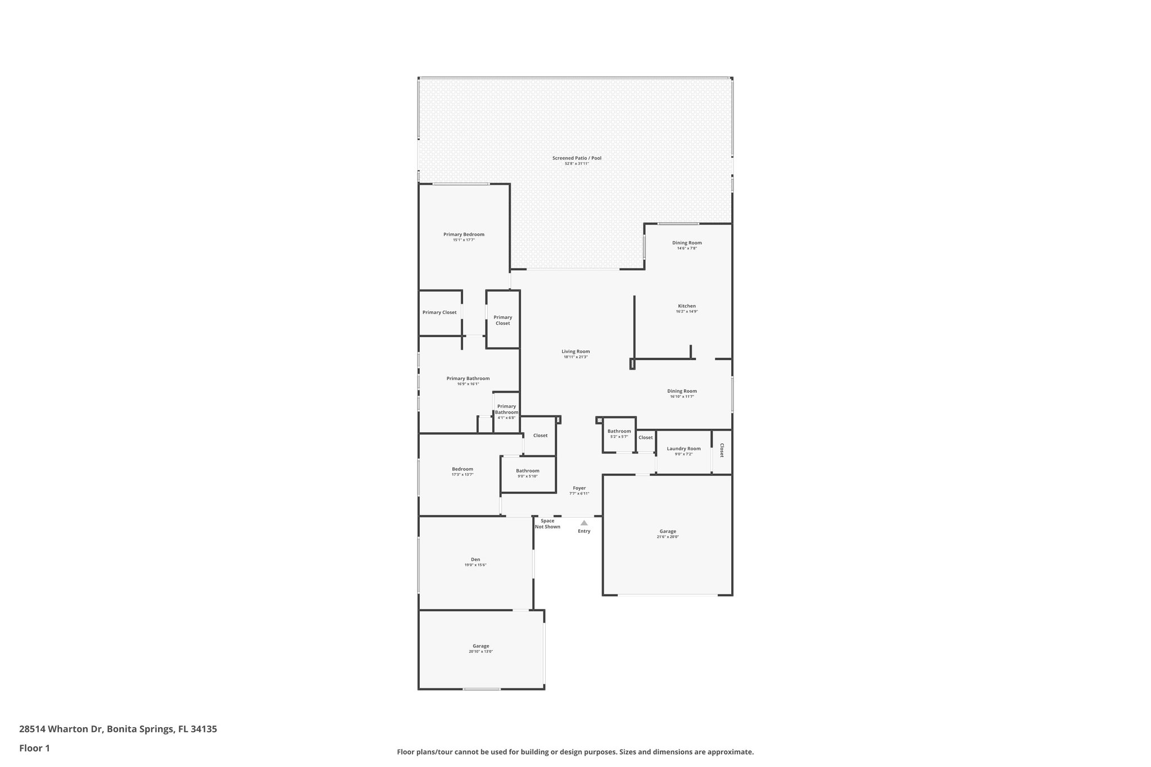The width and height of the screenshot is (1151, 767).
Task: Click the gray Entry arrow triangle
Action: [x=584, y=523]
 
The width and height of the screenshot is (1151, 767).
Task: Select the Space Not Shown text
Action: [x=547, y=524]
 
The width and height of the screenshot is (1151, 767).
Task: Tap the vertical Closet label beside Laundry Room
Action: [x=722, y=450]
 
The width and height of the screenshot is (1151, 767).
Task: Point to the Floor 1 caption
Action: [x=35, y=748]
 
